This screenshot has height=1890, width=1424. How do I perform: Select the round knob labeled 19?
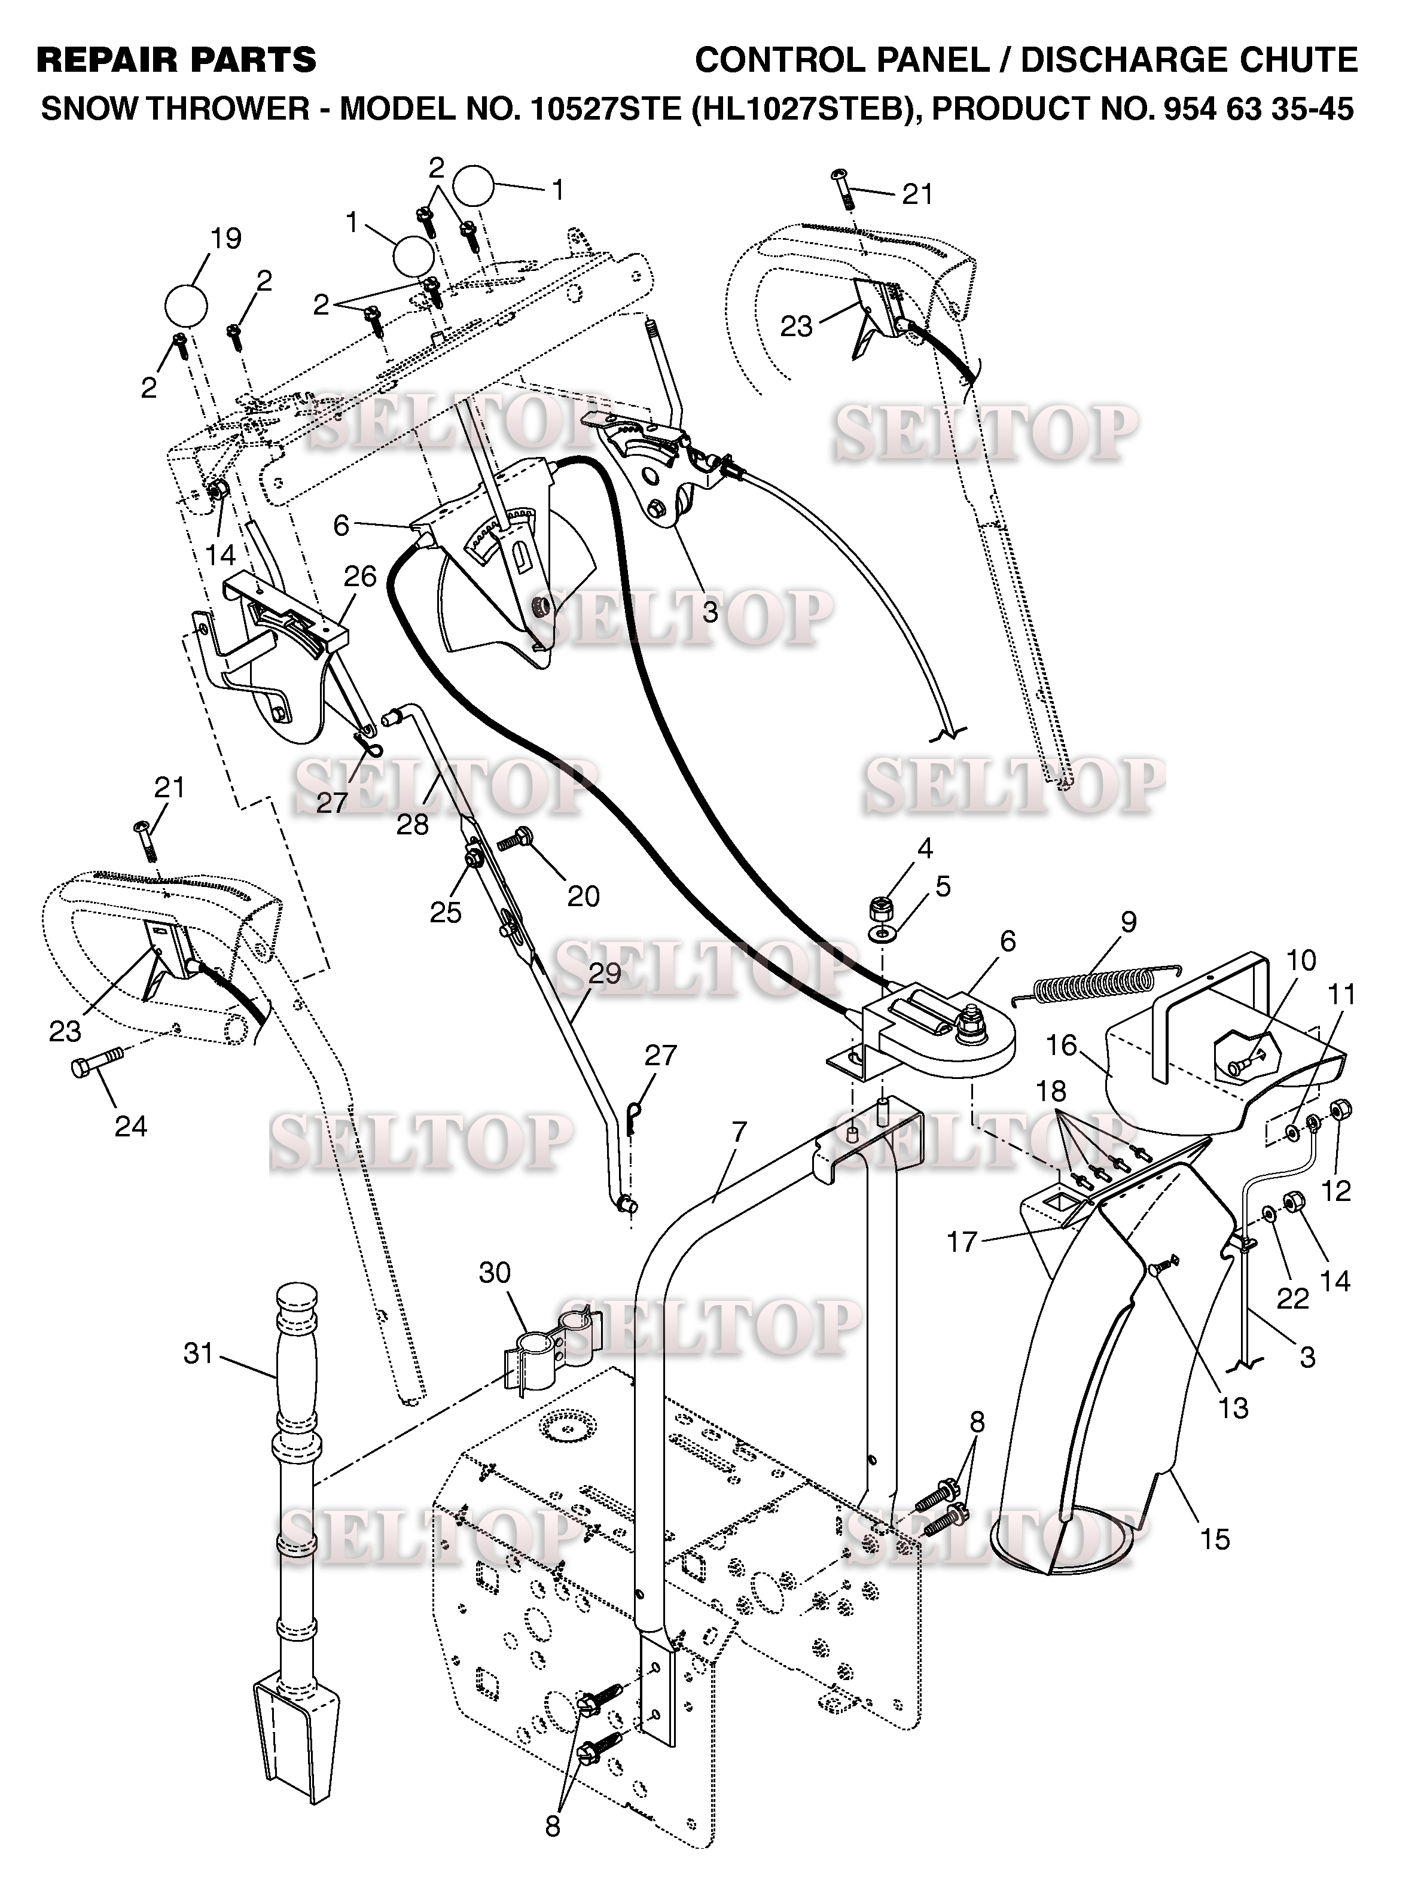point(185,305)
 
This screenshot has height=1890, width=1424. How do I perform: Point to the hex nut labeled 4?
point(882,907)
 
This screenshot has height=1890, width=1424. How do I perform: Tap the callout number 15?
point(1215,1539)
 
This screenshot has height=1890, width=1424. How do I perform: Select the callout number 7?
point(739,1132)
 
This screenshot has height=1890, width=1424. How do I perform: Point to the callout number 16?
point(1062,1044)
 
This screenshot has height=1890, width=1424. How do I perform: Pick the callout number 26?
point(359,576)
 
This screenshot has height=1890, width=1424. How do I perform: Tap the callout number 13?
point(1233,1407)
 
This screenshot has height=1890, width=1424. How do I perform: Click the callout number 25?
point(445,913)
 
